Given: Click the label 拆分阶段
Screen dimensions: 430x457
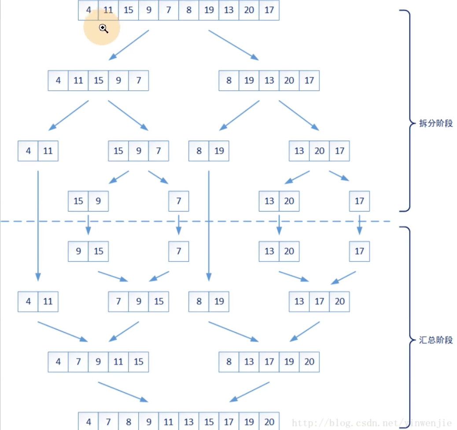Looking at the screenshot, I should click(436, 123).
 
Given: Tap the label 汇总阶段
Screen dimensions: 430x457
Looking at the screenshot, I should click(436, 340).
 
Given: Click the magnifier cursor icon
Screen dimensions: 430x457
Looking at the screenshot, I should click(103, 29).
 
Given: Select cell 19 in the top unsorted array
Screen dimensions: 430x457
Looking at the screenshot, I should click(209, 10).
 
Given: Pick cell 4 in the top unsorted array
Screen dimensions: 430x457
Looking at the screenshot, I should click(88, 10).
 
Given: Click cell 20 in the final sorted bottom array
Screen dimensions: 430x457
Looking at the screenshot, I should click(269, 422).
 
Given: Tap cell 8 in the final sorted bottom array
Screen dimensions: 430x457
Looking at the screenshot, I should click(129, 422).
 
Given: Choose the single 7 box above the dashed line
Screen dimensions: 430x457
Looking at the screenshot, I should click(178, 201).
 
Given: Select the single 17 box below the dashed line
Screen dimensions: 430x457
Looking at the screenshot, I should click(359, 251).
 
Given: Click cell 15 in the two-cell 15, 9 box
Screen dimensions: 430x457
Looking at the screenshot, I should click(78, 201).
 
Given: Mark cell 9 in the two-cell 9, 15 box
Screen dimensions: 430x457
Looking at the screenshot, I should click(78, 251).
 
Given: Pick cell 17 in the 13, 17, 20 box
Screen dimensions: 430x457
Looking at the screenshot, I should click(319, 301).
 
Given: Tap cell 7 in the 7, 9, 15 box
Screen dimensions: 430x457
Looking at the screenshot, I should click(118, 301).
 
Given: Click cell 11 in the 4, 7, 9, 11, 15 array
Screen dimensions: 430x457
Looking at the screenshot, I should click(118, 362).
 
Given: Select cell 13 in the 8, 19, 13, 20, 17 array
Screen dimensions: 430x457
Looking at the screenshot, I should click(269, 81).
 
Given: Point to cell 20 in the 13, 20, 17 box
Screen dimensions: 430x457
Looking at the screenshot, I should click(319, 151).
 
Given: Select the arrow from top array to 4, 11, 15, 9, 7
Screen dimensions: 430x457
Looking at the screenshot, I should click(129, 44).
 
